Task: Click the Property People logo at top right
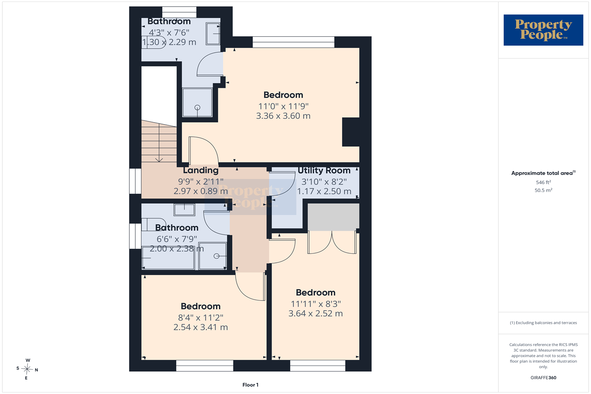(543, 30)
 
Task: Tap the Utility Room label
(324, 171)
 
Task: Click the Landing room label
(201, 170)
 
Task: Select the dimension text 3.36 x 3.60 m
(283, 116)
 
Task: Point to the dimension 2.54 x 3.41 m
(201, 327)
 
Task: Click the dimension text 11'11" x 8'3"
(316, 304)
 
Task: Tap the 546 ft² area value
(543, 182)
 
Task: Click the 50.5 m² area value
(543, 190)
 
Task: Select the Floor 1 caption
(250, 385)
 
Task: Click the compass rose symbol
(27, 369)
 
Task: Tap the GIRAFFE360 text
(543, 377)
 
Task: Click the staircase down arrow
(159, 143)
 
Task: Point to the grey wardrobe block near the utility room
(333, 217)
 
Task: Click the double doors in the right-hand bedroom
(332, 242)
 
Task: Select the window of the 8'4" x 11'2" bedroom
(204, 366)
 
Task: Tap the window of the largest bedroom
(294, 42)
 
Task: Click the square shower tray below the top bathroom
(197, 102)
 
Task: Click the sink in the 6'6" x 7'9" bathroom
(184, 210)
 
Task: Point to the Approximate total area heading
(543, 173)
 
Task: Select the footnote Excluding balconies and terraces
(543, 323)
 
